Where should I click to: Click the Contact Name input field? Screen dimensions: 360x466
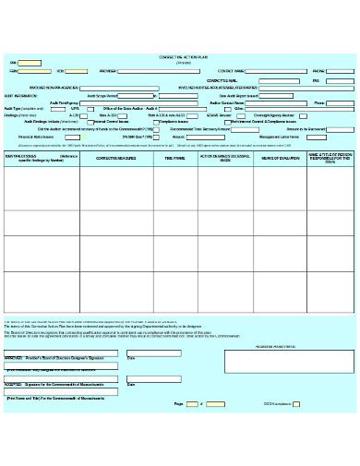[x=276, y=71]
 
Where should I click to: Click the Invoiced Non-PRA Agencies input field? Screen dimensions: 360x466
[x=121, y=88]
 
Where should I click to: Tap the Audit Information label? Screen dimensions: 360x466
[x=22, y=95]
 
